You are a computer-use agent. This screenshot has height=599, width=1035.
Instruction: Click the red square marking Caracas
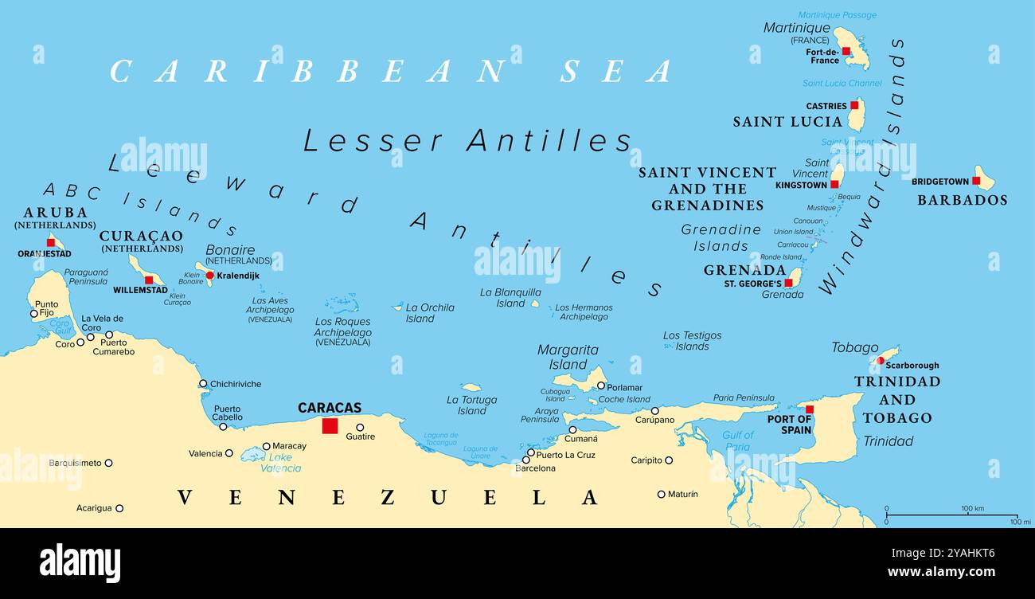[x=330, y=426]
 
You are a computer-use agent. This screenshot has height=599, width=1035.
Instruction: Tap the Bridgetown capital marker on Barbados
[x=975, y=181]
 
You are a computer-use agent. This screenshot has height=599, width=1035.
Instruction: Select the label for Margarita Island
[x=568, y=357]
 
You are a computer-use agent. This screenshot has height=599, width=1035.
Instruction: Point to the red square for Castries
[x=854, y=104]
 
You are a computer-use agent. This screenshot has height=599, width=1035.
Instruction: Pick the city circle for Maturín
[x=661, y=494]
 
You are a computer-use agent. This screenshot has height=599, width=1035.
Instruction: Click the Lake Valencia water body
[x=252, y=454]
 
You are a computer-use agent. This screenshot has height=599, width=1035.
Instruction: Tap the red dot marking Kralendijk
[x=210, y=276]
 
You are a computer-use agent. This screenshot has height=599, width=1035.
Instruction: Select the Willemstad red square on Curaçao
[x=149, y=280]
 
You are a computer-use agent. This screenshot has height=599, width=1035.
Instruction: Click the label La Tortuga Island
[x=471, y=405]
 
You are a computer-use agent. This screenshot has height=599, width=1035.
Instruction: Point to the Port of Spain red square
[x=810, y=409]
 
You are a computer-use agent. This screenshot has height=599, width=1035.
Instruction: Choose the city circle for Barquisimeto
[x=109, y=463]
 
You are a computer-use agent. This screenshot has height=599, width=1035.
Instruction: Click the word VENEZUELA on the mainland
[x=387, y=498]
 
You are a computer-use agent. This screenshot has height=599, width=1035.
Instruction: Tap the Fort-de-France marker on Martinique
[x=846, y=51]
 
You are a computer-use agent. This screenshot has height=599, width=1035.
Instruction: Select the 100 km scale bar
[x=951, y=516]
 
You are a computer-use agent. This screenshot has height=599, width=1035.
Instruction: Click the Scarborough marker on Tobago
[x=881, y=360]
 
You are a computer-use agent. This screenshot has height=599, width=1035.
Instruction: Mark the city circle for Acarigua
[x=119, y=508]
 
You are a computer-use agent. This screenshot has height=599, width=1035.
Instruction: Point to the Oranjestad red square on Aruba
[x=51, y=242]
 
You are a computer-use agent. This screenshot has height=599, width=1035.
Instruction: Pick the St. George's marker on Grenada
[x=788, y=283]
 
